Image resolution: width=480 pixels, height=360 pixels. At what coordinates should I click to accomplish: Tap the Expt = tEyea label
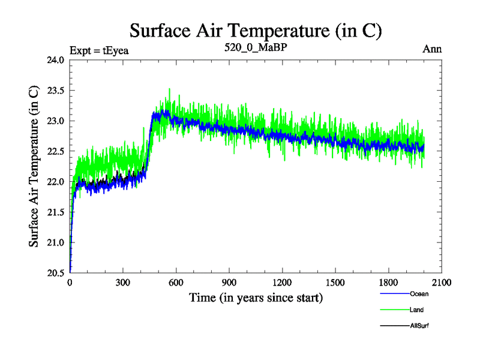click(100, 50)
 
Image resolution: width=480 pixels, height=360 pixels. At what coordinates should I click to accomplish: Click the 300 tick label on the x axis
click(123, 283)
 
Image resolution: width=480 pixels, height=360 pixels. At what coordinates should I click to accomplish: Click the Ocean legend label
click(419, 294)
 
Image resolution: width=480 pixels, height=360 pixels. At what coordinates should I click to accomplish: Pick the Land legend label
click(417, 310)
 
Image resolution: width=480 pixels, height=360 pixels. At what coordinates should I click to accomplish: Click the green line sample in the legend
click(394, 310)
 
